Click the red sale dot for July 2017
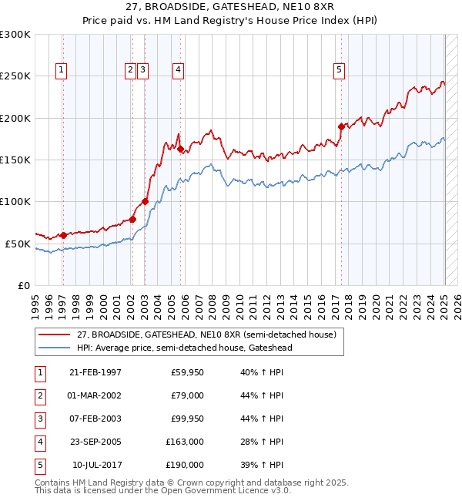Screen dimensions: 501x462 pyautogui.click(x=341, y=126)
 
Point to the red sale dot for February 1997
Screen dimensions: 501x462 pyautogui.click(x=63, y=235)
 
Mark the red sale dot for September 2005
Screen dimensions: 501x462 pyautogui.click(x=180, y=150)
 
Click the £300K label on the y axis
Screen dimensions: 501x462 pyautogui.click(x=15, y=35)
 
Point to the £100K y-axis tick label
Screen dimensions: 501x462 pyautogui.click(x=15, y=201)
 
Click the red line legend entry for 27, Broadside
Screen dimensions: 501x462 pyautogui.click(x=206, y=335)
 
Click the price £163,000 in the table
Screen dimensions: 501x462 pyautogui.click(x=185, y=442)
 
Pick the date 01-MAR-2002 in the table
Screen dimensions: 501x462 pyautogui.click(x=95, y=395)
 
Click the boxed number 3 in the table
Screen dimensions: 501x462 pyautogui.click(x=39, y=419)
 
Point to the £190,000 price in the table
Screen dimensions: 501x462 pyautogui.click(x=185, y=465)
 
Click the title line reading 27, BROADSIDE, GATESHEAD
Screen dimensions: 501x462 pyautogui.click(x=230, y=9)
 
